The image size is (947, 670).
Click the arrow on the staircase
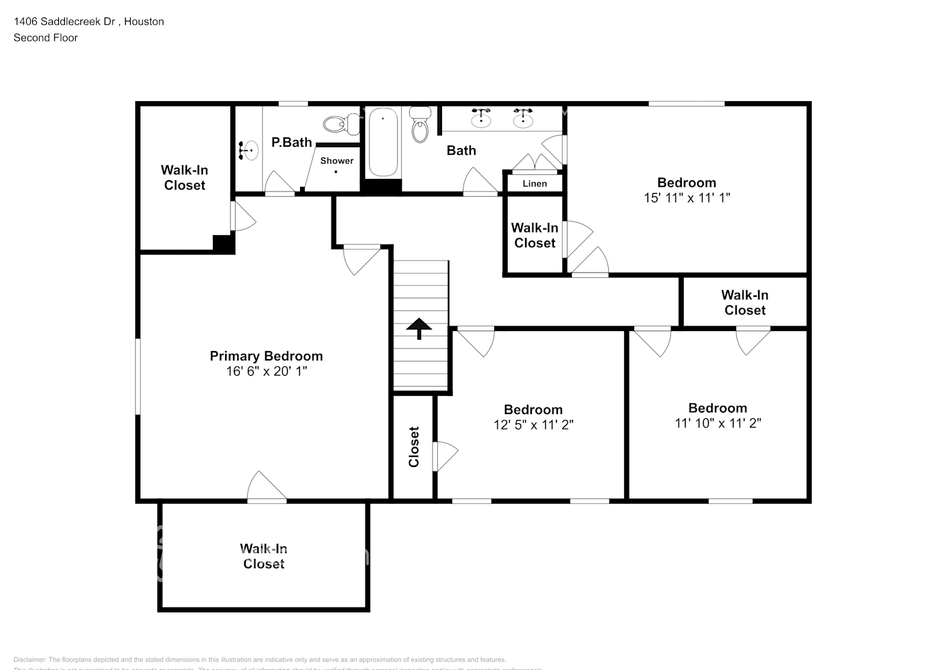point(419,328)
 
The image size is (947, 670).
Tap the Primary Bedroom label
point(266,356)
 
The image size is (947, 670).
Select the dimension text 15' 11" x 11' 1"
point(686,198)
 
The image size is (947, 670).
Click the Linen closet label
point(534,184)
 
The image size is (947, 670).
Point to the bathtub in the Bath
point(383,142)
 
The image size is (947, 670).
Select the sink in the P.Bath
point(248,150)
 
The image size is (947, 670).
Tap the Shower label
point(336,161)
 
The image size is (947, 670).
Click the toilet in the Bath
point(420,125)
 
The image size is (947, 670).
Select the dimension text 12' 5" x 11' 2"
point(533,425)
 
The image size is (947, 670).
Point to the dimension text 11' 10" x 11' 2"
point(718,423)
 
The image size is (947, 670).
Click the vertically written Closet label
point(414,447)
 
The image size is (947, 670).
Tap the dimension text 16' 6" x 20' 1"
point(266,371)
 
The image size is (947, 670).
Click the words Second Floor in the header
point(46,38)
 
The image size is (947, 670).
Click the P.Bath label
point(291,142)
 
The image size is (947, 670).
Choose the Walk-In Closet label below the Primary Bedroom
point(263,556)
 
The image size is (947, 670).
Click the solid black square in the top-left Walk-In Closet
point(224,244)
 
